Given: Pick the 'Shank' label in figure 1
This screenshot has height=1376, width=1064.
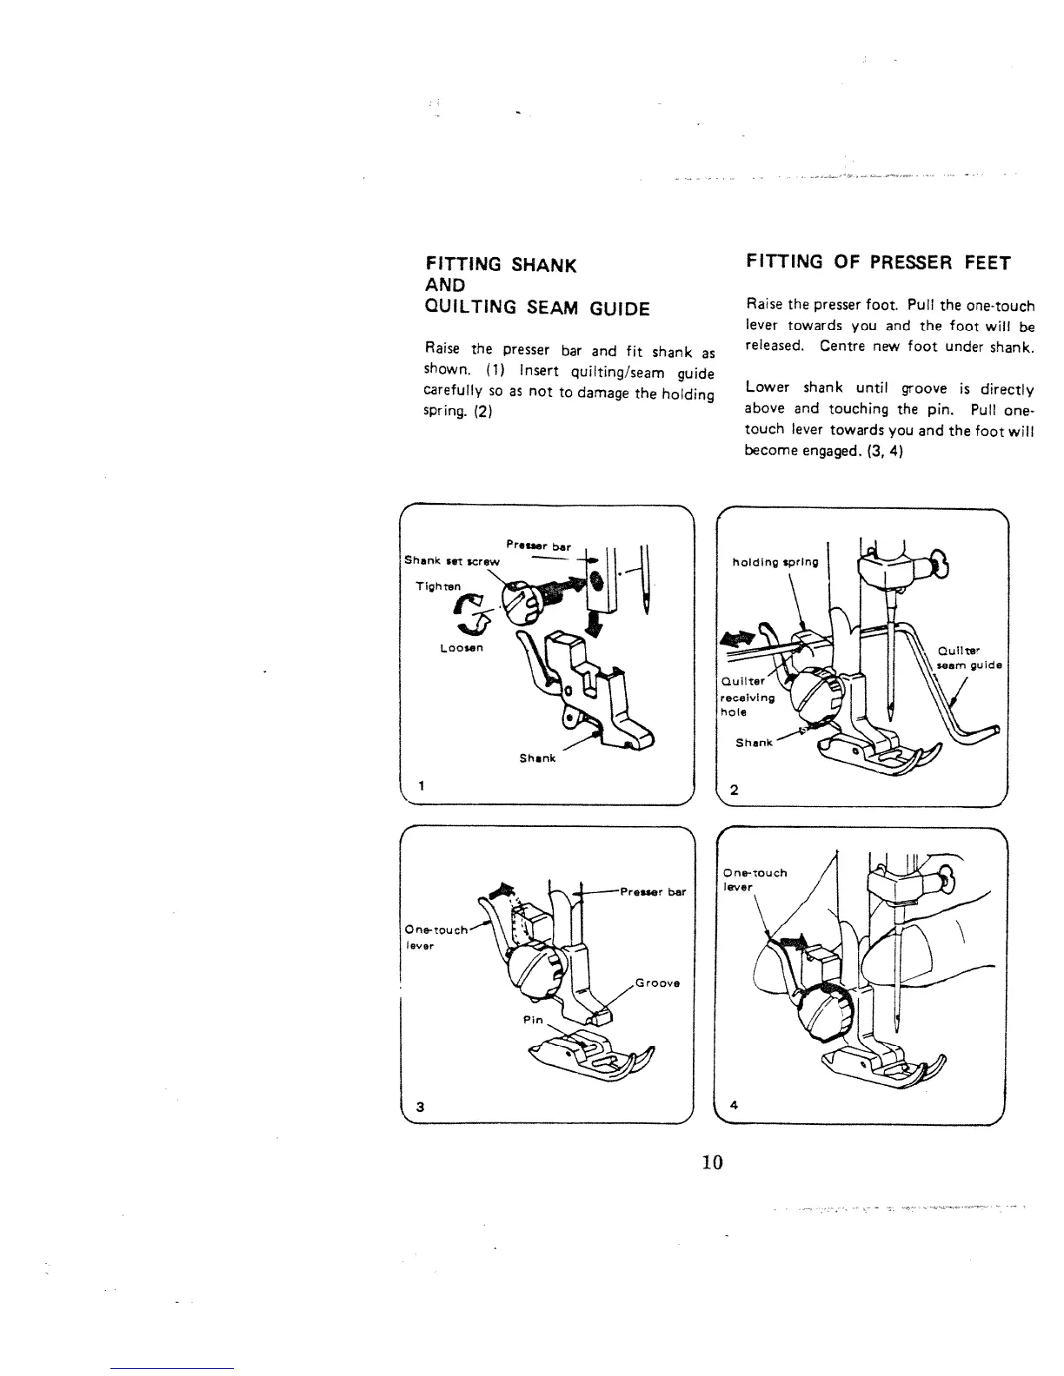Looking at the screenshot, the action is (537, 758).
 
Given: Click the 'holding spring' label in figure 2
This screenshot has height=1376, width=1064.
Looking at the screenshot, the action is (775, 562).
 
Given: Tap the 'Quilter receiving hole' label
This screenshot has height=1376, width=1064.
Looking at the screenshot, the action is (741, 697).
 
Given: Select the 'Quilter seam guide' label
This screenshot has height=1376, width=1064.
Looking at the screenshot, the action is (969, 658).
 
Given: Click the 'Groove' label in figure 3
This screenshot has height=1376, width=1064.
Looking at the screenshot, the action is (657, 983).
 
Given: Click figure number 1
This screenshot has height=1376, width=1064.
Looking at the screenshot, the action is (421, 786).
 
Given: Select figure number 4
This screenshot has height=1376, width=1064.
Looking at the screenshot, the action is (735, 1106).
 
